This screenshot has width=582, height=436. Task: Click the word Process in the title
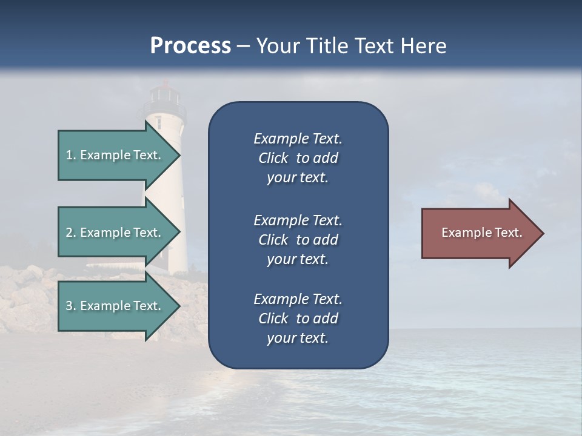(190, 46)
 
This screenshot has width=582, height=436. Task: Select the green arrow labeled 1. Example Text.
(115, 155)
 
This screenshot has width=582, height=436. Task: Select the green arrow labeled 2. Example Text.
(115, 233)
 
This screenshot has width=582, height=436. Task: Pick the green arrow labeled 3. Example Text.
(115, 306)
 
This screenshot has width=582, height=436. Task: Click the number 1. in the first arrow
(71, 155)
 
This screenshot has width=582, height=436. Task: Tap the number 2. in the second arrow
(71, 233)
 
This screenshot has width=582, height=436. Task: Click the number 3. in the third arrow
(71, 306)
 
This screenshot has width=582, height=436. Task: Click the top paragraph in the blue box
(298, 158)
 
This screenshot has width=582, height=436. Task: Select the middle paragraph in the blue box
(298, 240)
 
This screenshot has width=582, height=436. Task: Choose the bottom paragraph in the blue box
(298, 319)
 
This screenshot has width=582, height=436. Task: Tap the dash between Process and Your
(243, 47)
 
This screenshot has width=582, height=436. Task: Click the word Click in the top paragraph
(273, 159)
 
